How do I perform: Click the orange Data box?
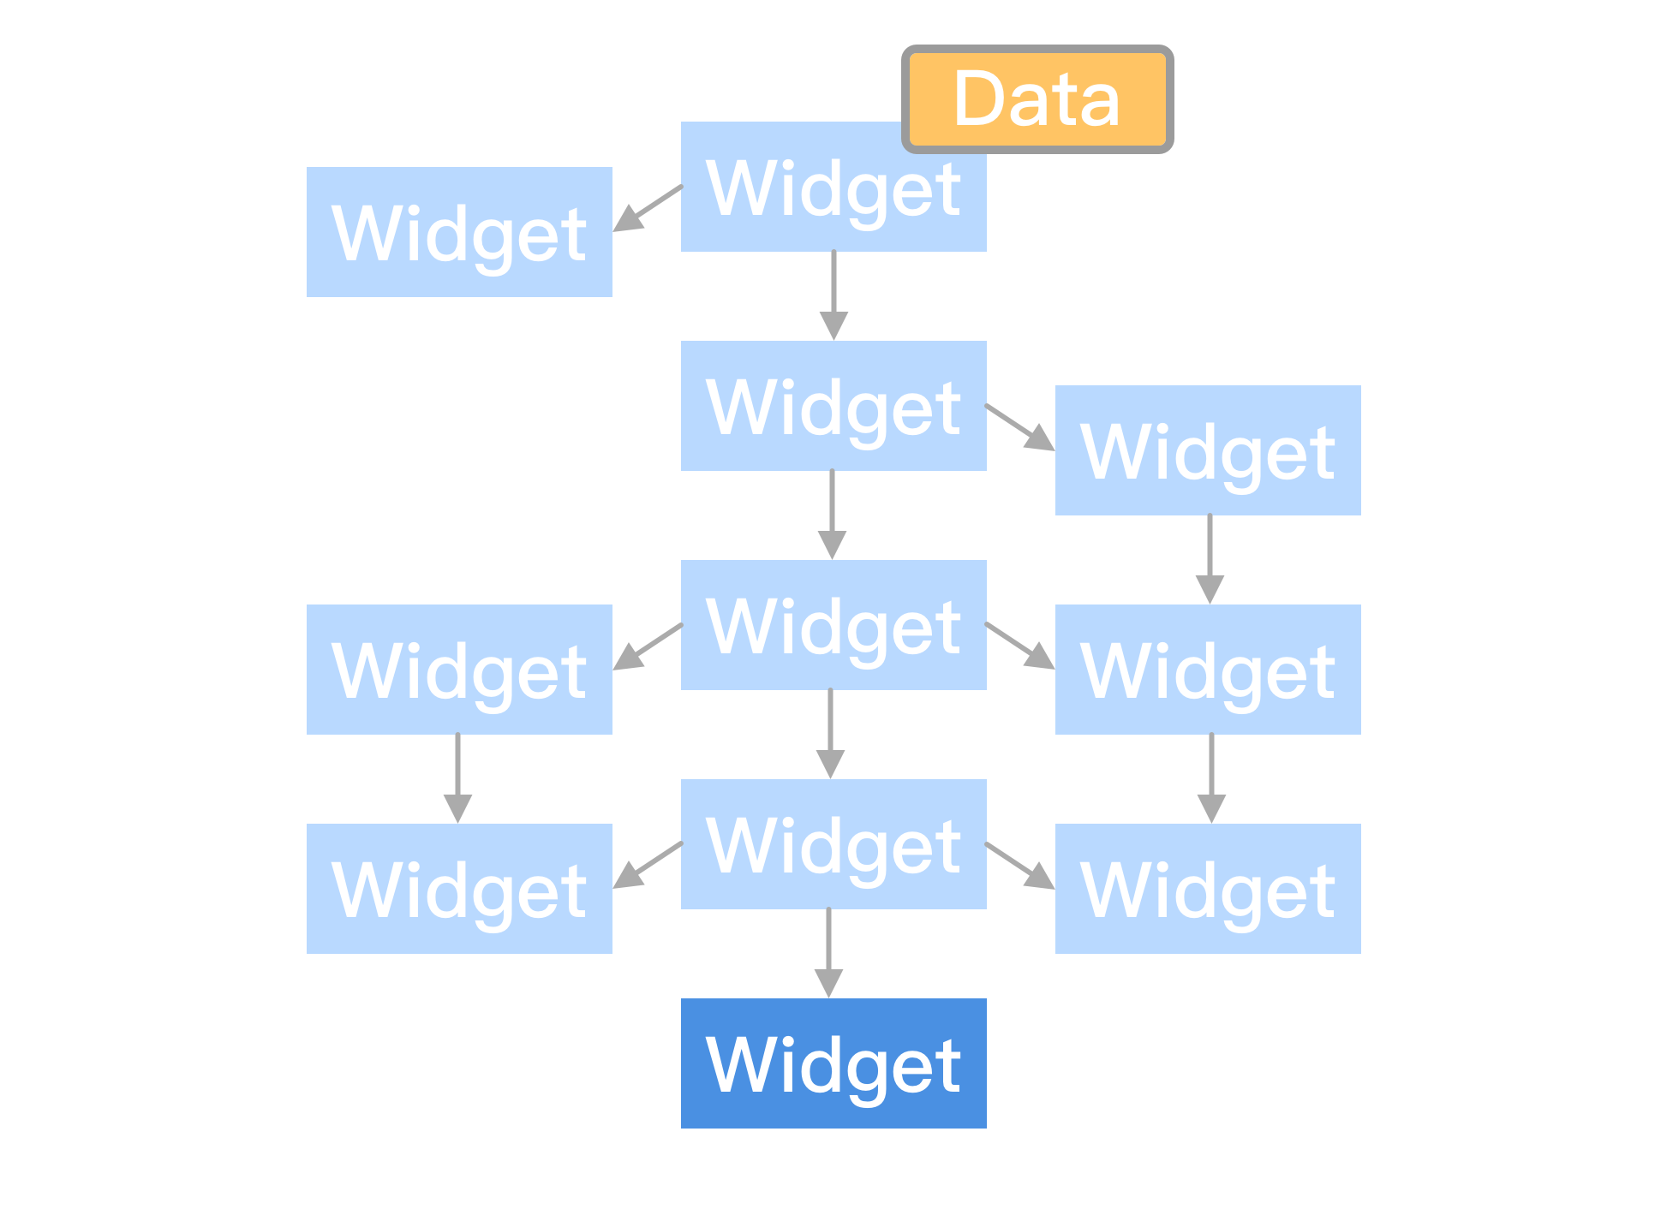pos(1037,99)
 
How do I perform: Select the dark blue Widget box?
pos(833,1063)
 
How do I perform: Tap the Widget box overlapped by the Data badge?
pos(833,187)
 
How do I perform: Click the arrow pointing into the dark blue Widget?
pos(828,953)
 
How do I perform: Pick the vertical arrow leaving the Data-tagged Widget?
pos(833,295)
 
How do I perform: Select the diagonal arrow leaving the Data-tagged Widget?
pos(648,208)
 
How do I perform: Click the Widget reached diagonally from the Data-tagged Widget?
pos(459,232)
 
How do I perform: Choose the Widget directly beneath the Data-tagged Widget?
pos(833,406)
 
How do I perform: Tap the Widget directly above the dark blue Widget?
pos(833,844)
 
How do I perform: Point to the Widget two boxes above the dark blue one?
pos(833,625)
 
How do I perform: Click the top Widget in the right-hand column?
pos(1208,450)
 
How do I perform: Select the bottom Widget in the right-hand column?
pos(1208,889)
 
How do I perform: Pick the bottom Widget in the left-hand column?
pos(459,889)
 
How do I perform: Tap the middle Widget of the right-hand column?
pos(1208,670)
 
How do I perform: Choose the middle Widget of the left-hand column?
pos(459,670)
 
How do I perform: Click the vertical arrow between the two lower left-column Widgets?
pos(457,778)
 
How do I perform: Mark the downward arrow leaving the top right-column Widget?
pos(1210,559)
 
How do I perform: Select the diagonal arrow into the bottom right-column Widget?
pos(1020,866)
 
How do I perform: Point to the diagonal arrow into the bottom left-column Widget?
pos(648,865)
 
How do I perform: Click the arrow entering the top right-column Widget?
pos(1020,427)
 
